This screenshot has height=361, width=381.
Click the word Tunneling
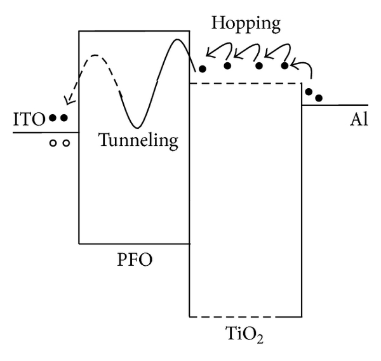click(x=138, y=140)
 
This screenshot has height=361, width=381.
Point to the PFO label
click(x=135, y=260)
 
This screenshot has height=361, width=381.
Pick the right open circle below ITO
click(x=65, y=143)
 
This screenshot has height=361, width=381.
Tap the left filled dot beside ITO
click(x=53, y=118)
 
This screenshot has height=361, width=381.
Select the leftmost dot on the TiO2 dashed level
click(x=203, y=68)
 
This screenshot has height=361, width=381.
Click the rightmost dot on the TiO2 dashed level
click(x=284, y=65)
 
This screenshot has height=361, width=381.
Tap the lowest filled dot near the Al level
click(x=319, y=98)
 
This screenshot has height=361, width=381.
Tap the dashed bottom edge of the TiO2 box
click(x=245, y=315)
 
